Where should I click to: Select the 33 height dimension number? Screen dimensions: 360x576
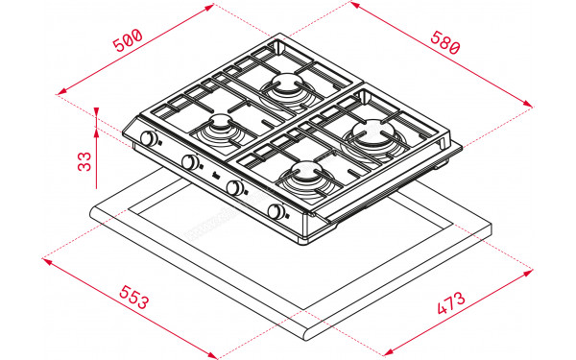pyautogui.click(x=84, y=160)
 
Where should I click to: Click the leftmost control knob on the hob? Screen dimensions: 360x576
pyautogui.click(x=149, y=139)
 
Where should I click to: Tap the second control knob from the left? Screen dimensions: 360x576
pyautogui.click(x=192, y=163)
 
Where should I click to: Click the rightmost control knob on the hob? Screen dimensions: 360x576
pyautogui.click(x=277, y=212)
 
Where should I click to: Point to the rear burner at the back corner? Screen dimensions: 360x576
pyautogui.click(x=286, y=89)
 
